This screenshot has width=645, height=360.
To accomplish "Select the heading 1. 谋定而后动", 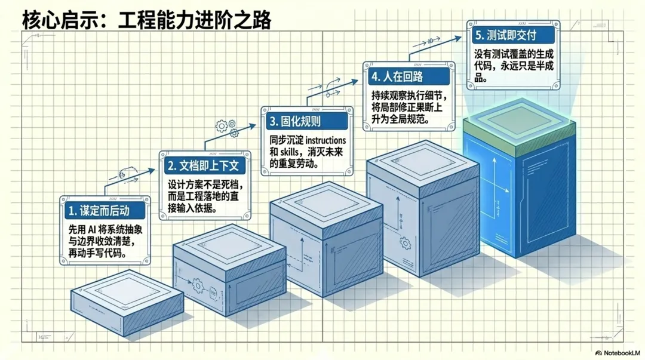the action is (x=99, y=211).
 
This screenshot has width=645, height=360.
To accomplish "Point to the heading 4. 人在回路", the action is (x=397, y=76).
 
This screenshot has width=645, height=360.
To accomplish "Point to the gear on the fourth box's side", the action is (x=405, y=242).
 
